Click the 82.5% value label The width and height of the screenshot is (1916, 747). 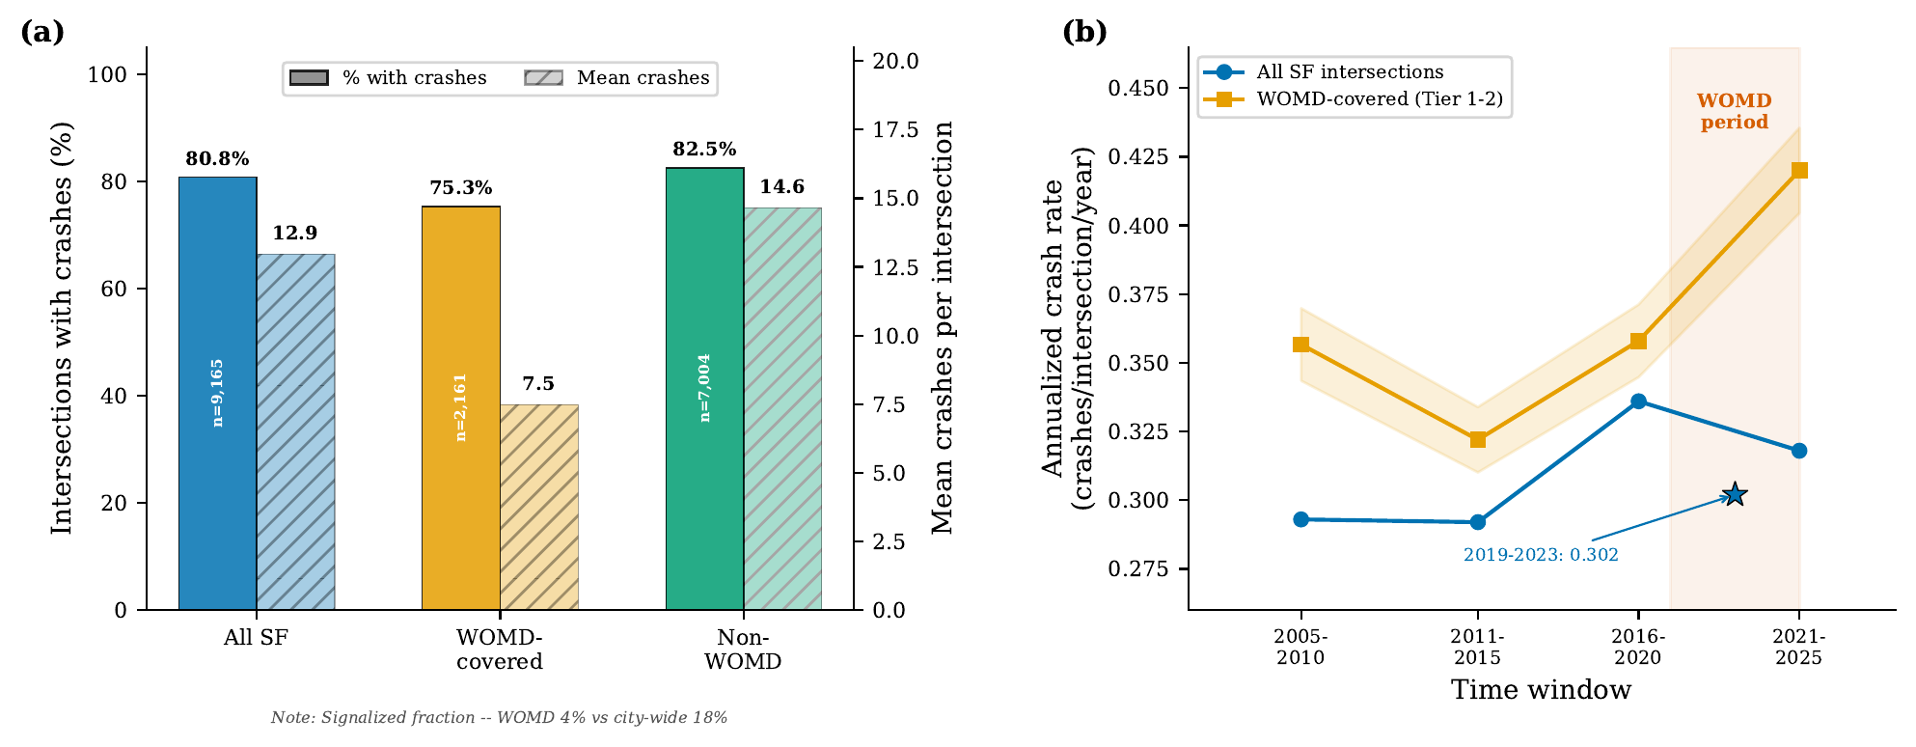tap(704, 150)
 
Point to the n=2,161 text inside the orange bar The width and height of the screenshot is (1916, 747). tap(461, 407)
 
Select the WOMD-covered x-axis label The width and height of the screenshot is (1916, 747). tap(500, 650)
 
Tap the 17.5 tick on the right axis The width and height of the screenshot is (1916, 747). tap(895, 130)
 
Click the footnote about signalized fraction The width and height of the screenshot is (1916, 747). tap(499, 718)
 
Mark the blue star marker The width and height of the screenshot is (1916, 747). tap(1735, 495)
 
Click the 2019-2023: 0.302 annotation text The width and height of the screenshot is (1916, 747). tap(1541, 555)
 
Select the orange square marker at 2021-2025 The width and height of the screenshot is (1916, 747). tap(1799, 171)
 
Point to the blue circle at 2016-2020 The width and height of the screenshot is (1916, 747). tap(1638, 401)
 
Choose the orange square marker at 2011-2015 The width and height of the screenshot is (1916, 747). tap(1478, 440)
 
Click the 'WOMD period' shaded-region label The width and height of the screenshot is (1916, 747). tap(1734, 112)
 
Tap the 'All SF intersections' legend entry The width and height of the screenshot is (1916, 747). tap(1349, 72)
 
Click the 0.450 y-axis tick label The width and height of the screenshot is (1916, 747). tap(1137, 89)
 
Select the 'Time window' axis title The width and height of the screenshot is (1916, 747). tap(1541, 690)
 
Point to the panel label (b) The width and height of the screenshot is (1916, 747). tap(1084, 32)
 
